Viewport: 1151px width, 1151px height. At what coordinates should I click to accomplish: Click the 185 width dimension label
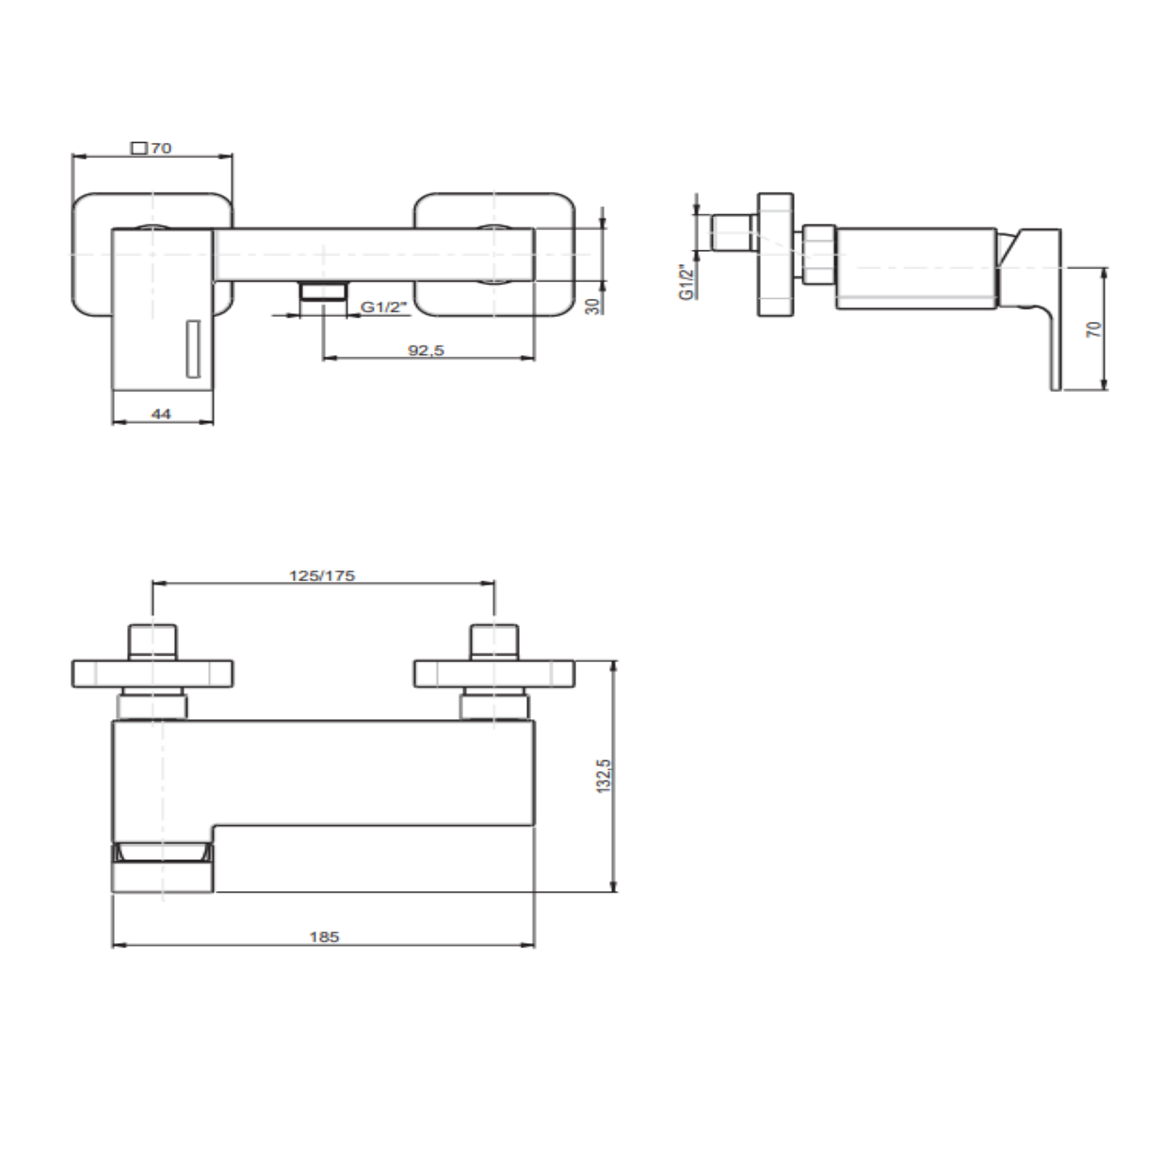(324, 937)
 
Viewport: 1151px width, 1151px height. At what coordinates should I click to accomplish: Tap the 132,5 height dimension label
(604, 775)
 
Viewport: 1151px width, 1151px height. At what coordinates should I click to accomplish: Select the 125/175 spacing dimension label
(322, 575)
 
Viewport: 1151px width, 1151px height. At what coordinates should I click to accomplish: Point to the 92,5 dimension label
(426, 350)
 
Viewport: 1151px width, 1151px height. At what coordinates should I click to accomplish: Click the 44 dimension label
(161, 414)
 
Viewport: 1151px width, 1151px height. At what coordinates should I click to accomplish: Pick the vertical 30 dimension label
(593, 306)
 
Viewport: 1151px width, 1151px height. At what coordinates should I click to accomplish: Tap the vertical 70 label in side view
(1094, 329)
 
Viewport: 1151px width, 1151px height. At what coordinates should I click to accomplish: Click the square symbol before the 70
(139, 148)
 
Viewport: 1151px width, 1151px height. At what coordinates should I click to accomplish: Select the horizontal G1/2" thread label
(383, 306)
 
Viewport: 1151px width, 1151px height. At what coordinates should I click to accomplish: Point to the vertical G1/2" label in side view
(687, 282)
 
